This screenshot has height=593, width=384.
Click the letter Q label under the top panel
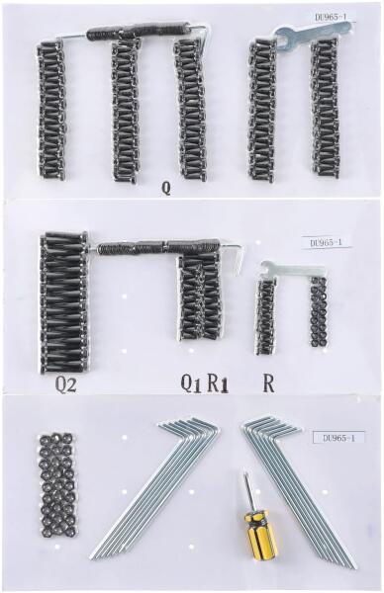[166, 188]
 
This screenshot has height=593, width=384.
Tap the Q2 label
[66, 385]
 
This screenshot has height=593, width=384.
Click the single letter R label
[268, 383]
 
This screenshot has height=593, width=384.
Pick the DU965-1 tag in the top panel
[331, 17]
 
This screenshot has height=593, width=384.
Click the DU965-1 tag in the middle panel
[326, 243]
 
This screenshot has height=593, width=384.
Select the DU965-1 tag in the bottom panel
[338, 438]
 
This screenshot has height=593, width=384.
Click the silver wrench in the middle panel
[292, 270]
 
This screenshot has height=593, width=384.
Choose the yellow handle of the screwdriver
[260, 534]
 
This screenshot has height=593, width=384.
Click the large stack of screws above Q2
[64, 301]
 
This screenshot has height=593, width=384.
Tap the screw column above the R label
[265, 317]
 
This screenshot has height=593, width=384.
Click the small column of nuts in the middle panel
[319, 312]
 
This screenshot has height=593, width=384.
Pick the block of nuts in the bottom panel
[57, 484]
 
